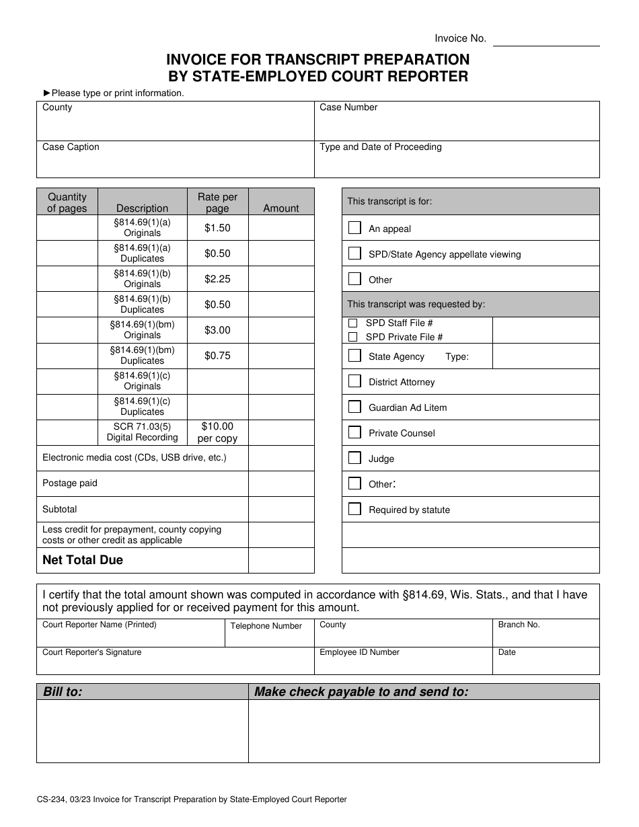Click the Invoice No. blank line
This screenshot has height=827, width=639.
coord(546,40)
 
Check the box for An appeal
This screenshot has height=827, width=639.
coord(354,228)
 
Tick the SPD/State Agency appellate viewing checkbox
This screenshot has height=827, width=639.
coord(354,253)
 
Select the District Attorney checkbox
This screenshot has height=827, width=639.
coord(354,381)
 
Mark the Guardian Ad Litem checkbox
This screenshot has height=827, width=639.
coord(354,407)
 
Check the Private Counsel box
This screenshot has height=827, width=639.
coord(354,432)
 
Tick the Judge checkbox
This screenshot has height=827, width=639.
coord(354,458)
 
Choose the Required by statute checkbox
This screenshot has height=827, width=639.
coord(354,509)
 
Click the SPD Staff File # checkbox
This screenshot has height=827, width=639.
coord(352,323)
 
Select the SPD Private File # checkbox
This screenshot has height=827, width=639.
coord(352,337)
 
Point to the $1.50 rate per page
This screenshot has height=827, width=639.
coord(217,228)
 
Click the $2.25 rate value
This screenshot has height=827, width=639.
coord(217,279)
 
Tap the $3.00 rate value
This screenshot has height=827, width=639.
coord(217,330)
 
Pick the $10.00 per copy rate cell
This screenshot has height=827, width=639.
coord(217,432)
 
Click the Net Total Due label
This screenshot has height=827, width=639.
coord(83,560)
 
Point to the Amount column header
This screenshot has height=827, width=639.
coord(281,208)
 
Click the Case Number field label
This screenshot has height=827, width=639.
coord(348,108)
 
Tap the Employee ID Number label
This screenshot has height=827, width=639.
coord(359,652)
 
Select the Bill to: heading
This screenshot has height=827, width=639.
coord(63,692)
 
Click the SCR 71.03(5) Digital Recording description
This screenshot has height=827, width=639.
coord(142,432)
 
